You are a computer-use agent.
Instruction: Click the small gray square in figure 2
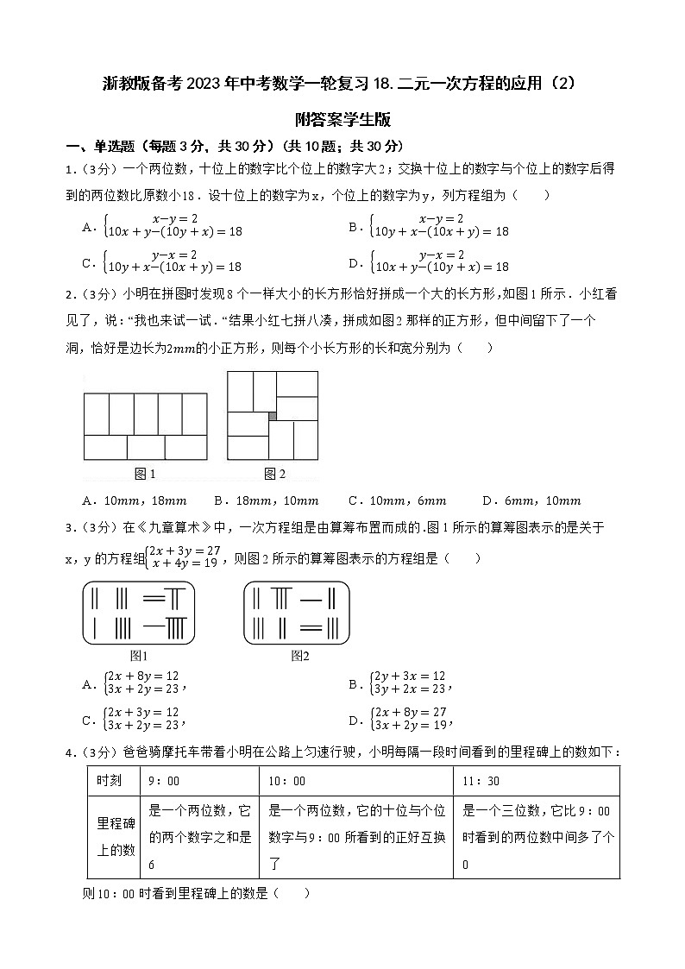pyautogui.click(x=273, y=416)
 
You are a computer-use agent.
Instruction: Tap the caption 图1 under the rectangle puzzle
pyautogui.click(x=145, y=473)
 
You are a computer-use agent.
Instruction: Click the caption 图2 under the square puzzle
pyautogui.click(x=274, y=473)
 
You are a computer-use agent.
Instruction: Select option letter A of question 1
pyautogui.click(x=88, y=227)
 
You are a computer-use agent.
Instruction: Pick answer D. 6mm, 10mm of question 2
pyautogui.click(x=531, y=500)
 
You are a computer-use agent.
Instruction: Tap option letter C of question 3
pyautogui.click(x=88, y=720)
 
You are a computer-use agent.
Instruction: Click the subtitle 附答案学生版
pyautogui.click(x=342, y=119)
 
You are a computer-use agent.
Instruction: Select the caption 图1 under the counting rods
pyautogui.click(x=139, y=656)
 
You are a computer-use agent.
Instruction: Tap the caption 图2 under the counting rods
pyautogui.click(x=299, y=656)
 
